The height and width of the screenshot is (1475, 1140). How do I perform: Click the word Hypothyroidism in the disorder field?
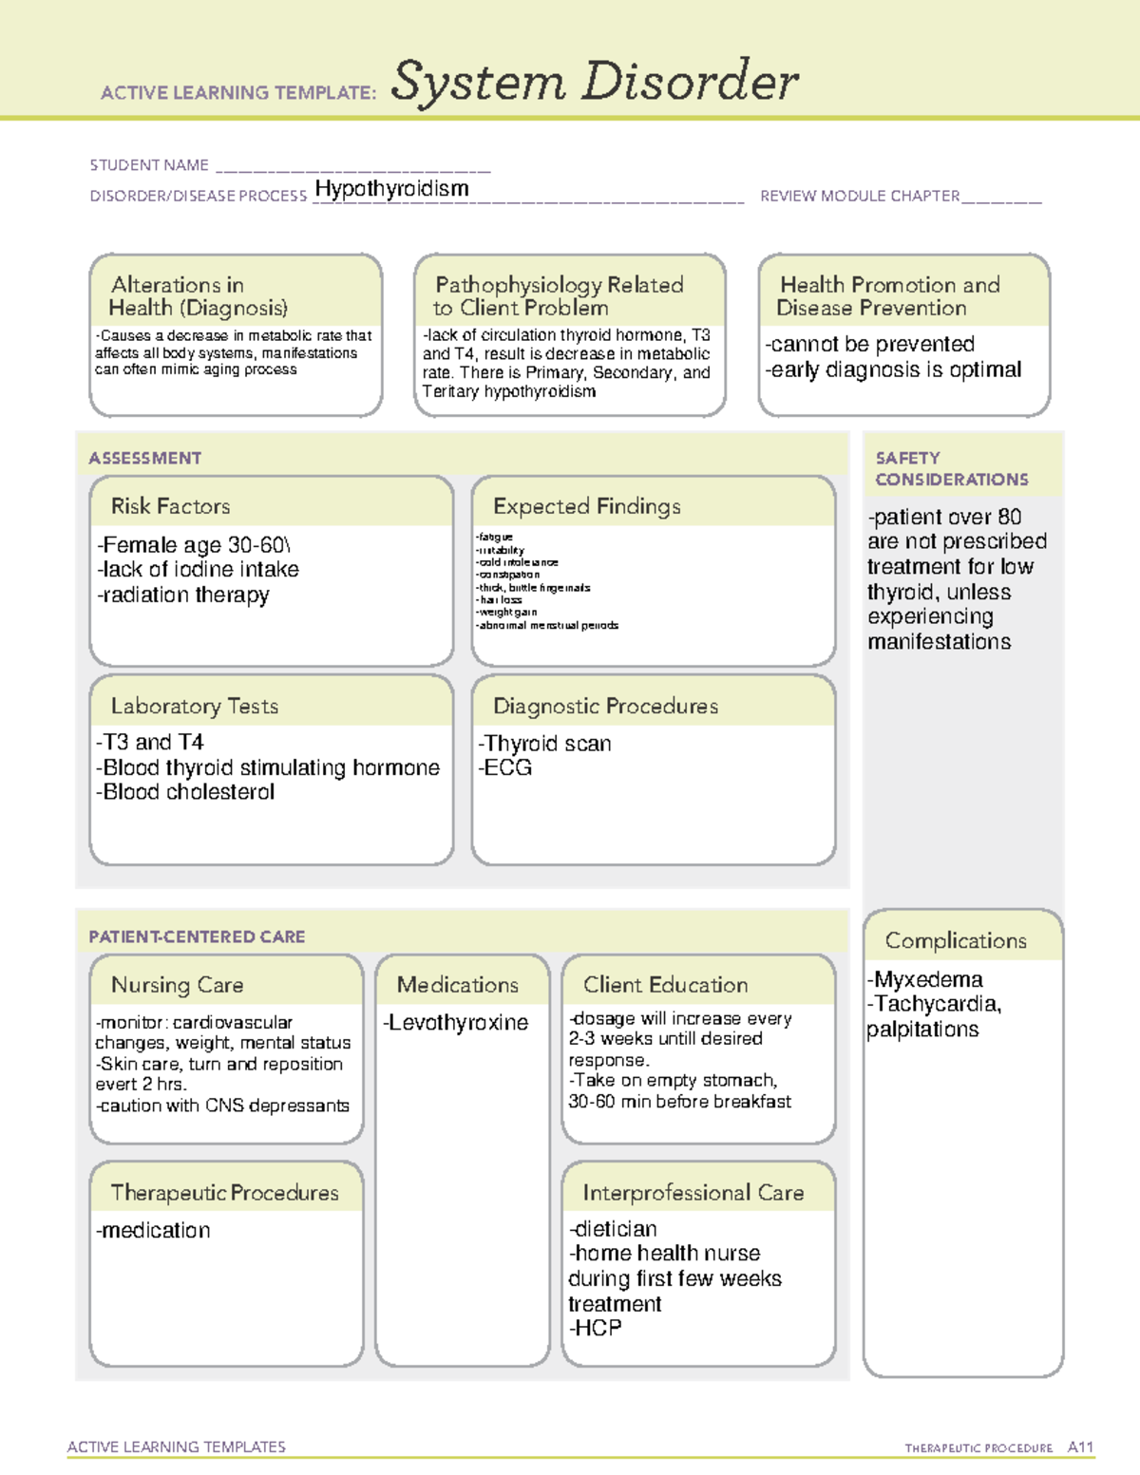click(x=391, y=189)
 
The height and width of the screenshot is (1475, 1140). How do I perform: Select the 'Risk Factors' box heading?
click(x=170, y=506)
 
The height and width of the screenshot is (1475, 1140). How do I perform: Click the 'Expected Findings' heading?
click(x=586, y=506)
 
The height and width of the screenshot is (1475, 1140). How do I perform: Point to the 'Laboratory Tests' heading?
click(x=194, y=706)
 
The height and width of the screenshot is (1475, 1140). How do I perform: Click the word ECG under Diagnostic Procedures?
click(x=508, y=767)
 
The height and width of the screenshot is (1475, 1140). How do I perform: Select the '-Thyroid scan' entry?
click(x=544, y=744)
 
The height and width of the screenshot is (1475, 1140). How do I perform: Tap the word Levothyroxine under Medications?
click(x=458, y=1023)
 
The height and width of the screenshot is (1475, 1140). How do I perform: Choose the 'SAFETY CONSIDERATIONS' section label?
click(x=951, y=469)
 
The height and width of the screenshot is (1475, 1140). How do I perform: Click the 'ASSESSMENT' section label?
click(x=144, y=458)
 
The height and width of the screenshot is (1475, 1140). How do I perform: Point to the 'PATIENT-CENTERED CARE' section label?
click(x=197, y=936)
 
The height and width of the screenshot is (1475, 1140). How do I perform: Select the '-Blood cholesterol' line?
click(x=185, y=792)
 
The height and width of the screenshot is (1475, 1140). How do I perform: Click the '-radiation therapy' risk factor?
click(x=183, y=596)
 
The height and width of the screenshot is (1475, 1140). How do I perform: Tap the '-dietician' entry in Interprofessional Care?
click(x=613, y=1229)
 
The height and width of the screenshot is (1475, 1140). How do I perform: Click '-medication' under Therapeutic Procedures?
click(x=153, y=1230)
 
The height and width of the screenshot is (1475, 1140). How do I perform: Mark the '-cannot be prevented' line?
click(x=870, y=344)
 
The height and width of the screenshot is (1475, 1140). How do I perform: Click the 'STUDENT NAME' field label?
click(x=149, y=165)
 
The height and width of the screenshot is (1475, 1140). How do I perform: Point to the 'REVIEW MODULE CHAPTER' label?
click(x=859, y=196)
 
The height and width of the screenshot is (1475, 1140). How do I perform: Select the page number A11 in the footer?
click(x=1080, y=1447)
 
